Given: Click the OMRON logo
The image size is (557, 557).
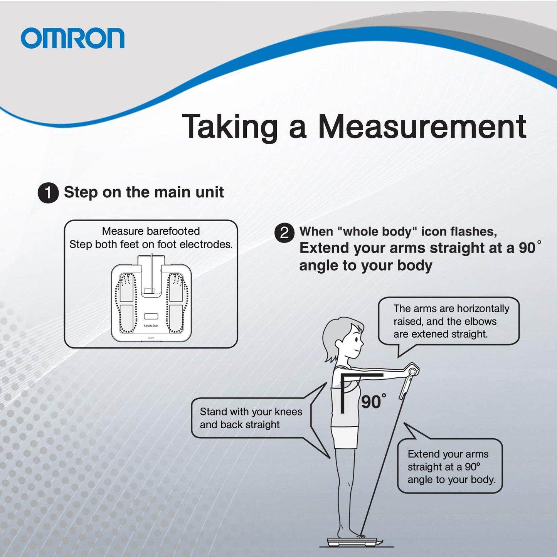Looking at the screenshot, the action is click(72, 38).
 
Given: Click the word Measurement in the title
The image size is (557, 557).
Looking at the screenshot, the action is click(422, 127).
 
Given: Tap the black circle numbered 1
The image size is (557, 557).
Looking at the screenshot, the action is click(48, 192).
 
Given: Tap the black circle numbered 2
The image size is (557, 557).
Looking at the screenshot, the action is click(284, 232).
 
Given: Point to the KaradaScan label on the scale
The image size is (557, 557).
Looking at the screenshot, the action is click(151, 325).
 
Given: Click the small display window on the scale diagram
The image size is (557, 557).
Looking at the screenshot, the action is click(151, 316).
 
